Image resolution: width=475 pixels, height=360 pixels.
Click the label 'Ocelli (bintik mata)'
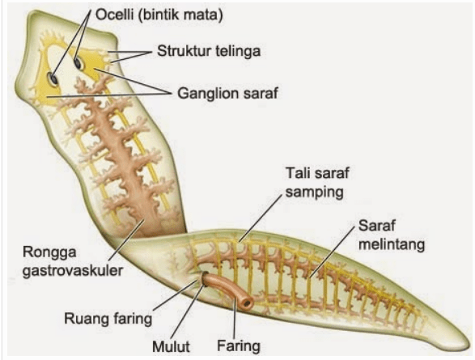click(159, 15)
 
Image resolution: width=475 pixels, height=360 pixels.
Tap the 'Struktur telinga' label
click(209, 51)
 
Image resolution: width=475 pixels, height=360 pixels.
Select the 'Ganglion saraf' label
click(227, 93)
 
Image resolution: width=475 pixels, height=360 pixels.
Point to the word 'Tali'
click(298, 173)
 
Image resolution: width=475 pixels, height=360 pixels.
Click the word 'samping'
click(315, 193)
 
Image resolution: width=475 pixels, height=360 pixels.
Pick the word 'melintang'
click(392, 244)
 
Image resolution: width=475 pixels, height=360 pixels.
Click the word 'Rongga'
click(49, 252)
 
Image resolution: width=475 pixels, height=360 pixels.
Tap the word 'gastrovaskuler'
click(73, 270)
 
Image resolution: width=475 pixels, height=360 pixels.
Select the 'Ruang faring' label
click(108, 319)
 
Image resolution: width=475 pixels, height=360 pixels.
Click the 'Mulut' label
click(171, 347)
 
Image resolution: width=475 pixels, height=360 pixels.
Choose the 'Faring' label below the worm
click(239, 345)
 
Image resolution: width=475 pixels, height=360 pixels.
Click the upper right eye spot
click(78, 62)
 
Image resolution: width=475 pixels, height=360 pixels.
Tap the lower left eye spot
click(53, 78)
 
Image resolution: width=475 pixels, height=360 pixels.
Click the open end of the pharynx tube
click(248, 303)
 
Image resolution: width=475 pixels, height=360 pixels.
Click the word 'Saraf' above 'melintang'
click(376, 226)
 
